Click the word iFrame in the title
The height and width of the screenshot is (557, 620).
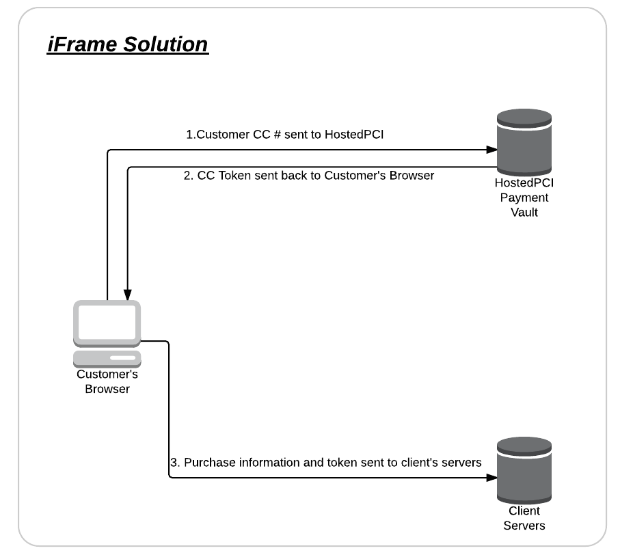[x=82, y=44]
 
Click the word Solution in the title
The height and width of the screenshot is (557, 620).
[x=165, y=44]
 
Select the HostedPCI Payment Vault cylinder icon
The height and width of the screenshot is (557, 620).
[x=524, y=142]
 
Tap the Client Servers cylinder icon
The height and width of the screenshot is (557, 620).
[x=524, y=470]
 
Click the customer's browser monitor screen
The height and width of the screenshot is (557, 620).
[x=107, y=323]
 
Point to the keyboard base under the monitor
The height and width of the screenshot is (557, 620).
[x=107, y=359]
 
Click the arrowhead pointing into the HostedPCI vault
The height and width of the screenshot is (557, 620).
[x=491, y=150]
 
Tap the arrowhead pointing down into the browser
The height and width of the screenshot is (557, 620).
[x=127, y=295]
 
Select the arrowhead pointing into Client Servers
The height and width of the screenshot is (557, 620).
[x=491, y=478]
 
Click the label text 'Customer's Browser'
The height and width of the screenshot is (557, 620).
[x=107, y=381]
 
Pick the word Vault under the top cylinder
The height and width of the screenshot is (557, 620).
[x=524, y=213]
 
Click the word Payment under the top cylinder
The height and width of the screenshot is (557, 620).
[x=524, y=198]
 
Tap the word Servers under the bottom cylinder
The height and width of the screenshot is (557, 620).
[x=524, y=526]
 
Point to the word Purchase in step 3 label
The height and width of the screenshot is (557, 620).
[x=210, y=462]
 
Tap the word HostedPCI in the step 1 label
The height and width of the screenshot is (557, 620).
[x=354, y=135]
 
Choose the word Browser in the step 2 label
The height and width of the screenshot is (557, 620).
[x=412, y=175]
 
